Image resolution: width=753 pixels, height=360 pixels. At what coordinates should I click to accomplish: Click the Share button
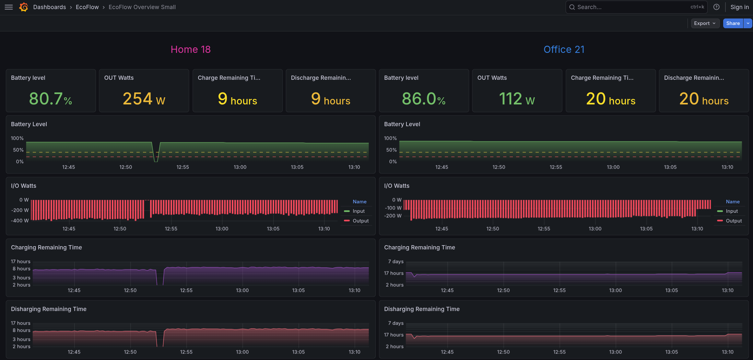[x=733, y=23]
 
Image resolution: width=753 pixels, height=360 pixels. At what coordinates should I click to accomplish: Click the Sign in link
[x=739, y=7]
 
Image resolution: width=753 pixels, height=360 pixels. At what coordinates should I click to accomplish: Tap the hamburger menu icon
[x=9, y=7]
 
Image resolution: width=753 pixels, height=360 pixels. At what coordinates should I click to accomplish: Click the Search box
[x=636, y=7]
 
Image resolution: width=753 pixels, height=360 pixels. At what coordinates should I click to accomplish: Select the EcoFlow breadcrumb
[x=87, y=7]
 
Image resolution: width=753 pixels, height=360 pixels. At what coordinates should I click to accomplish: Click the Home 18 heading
[x=191, y=49]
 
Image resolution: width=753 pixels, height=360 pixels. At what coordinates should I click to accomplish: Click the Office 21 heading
[x=564, y=49]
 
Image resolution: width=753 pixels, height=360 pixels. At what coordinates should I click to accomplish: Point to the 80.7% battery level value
[x=51, y=99]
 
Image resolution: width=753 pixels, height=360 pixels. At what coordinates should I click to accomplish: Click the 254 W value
[x=144, y=99]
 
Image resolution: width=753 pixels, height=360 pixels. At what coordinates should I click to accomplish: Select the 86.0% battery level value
[x=424, y=99]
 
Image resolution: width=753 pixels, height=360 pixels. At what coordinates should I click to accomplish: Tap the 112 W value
[x=517, y=99]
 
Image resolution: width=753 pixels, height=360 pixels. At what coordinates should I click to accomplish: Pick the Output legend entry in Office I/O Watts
[x=729, y=221]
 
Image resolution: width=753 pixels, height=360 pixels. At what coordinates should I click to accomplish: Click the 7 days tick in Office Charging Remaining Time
[x=396, y=261]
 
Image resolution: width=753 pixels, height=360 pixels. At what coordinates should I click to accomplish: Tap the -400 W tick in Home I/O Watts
[x=20, y=221]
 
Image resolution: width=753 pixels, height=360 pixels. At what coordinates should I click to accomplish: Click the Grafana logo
[x=24, y=7]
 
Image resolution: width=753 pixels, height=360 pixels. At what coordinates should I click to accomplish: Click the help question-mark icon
[x=716, y=7]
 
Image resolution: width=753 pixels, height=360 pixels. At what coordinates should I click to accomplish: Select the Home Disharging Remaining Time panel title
[x=49, y=309]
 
